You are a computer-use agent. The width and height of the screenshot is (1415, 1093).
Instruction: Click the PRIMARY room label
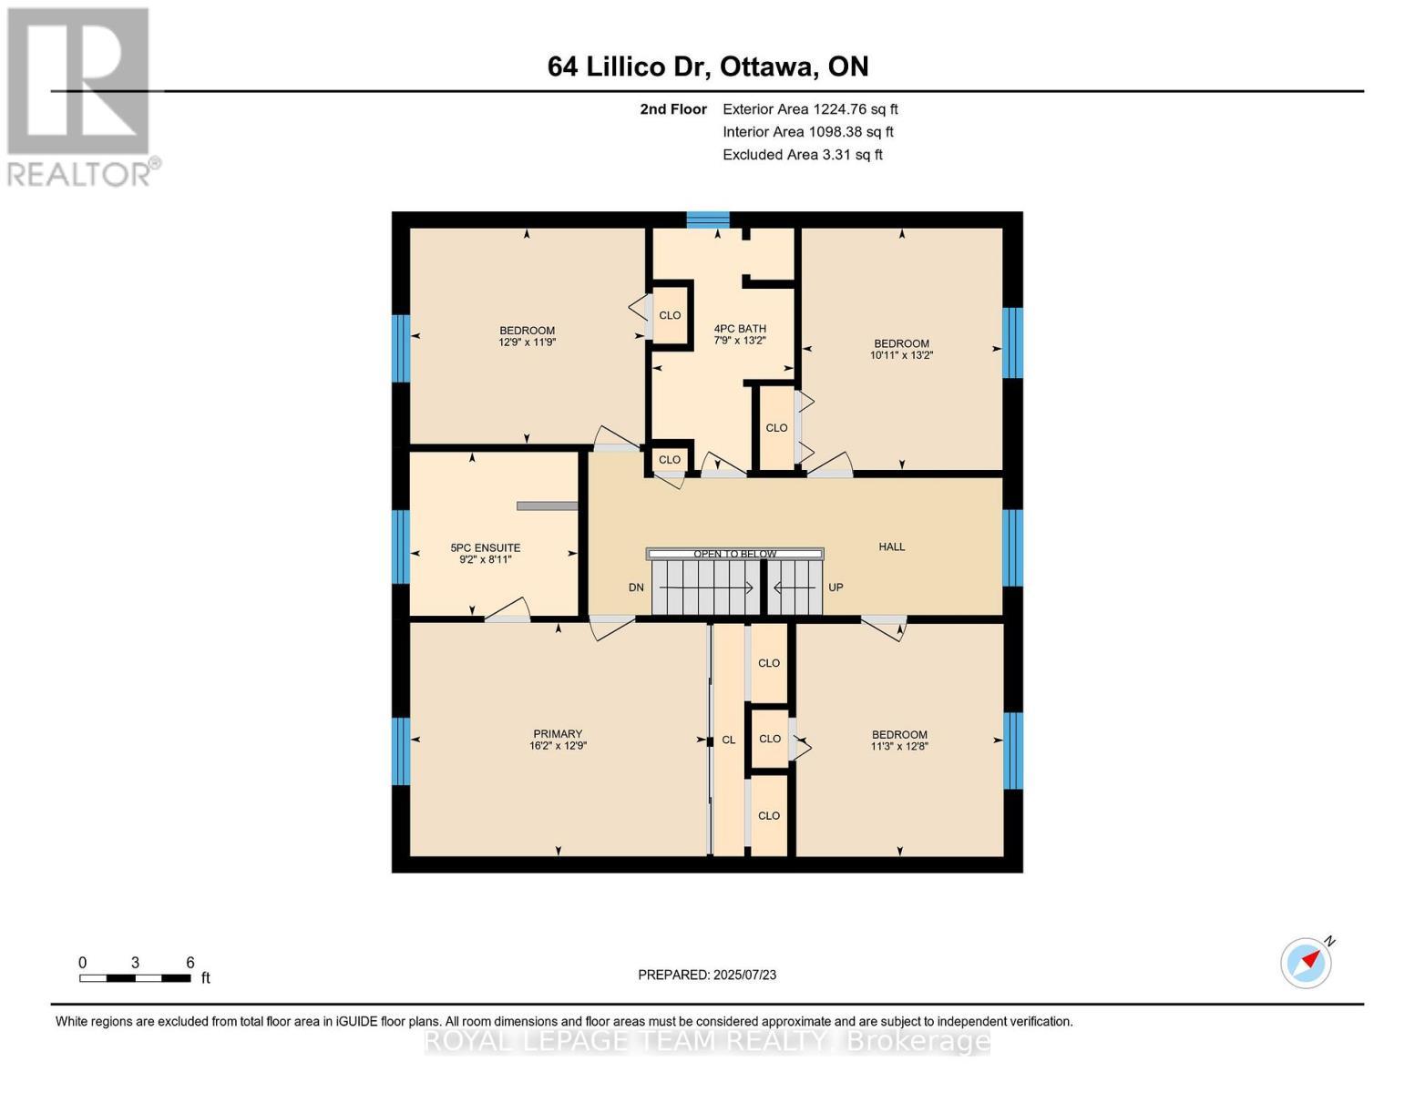click(558, 734)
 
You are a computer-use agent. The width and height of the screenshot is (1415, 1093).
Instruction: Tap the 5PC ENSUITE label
click(485, 548)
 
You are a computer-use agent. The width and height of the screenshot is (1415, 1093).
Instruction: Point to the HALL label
click(892, 546)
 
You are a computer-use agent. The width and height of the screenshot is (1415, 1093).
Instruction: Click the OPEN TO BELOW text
click(734, 554)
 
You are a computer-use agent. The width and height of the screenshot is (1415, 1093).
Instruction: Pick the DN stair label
click(636, 587)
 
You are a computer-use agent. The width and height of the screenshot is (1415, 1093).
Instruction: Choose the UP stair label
click(836, 587)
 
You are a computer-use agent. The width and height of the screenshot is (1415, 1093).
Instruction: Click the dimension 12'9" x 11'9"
click(527, 342)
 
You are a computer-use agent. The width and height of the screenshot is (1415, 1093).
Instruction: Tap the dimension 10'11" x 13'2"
click(901, 355)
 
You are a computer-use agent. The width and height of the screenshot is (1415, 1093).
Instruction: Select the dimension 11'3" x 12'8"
click(899, 746)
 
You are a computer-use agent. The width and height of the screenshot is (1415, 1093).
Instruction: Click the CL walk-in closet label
click(728, 740)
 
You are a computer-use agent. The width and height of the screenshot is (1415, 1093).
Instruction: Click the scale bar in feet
click(135, 978)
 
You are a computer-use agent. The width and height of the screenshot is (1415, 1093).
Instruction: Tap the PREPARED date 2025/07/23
click(707, 975)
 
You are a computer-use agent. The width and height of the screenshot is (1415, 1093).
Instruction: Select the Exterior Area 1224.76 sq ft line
click(810, 109)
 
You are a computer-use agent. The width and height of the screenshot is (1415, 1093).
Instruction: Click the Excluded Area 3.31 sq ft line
click(802, 155)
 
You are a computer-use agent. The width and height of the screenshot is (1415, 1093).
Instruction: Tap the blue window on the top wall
click(708, 220)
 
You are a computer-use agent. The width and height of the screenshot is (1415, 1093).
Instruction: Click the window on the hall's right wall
click(1012, 546)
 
